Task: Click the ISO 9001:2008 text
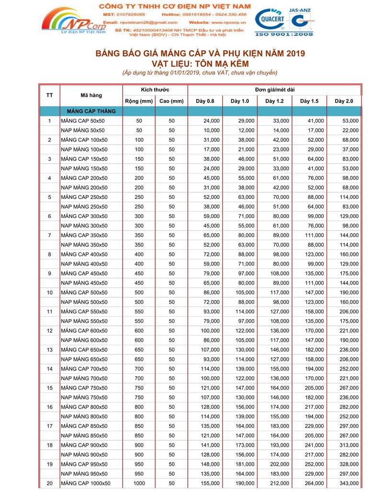pyautogui.click(x=284, y=35)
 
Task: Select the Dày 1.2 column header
pyautogui.click(x=275, y=101)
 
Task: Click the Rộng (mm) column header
pyautogui.click(x=139, y=101)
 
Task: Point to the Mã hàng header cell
pyautogui.click(x=90, y=95)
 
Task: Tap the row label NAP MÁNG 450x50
pyautogui.click(x=84, y=283)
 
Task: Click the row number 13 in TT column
pyautogui.click(x=49, y=350)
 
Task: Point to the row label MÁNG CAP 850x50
pyautogui.click(x=84, y=426)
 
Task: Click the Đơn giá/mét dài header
pyautogui.click(x=274, y=90)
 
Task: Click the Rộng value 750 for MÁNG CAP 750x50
pyautogui.click(x=139, y=388)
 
